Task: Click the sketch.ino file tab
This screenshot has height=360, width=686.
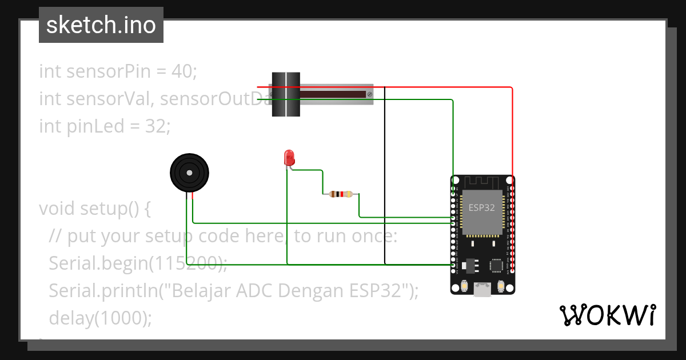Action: click(101, 25)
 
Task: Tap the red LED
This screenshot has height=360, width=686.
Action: click(289, 157)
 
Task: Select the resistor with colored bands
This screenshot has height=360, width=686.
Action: click(341, 194)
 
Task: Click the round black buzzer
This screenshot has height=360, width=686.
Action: click(189, 173)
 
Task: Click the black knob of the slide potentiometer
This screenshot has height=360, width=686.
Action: click(285, 95)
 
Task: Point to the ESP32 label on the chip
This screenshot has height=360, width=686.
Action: click(481, 207)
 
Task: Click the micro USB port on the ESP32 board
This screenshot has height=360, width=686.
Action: click(482, 290)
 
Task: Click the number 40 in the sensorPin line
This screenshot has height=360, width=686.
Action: click(183, 71)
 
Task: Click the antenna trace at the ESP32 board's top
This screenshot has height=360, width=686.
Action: click(482, 182)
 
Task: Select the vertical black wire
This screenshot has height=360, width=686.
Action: click(385, 171)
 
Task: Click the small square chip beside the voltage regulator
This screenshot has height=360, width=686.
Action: click(496, 265)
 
